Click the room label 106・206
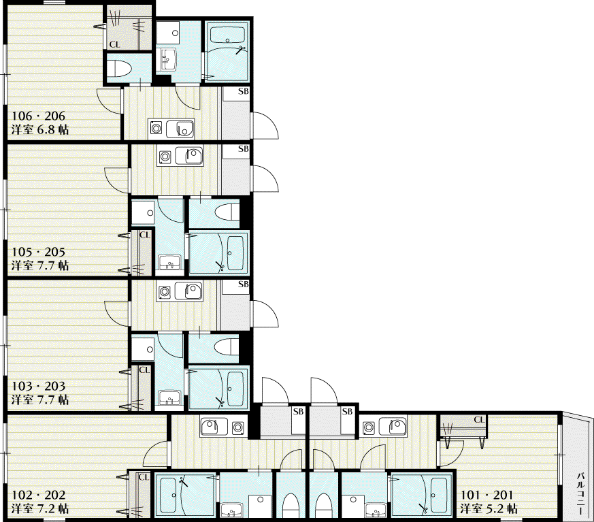(x=38, y=116)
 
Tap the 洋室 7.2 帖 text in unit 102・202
(x=39, y=508)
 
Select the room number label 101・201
(x=486, y=495)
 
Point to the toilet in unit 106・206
(x=118, y=69)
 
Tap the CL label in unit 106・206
(x=114, y=45)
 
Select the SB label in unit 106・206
(x=243, y=91)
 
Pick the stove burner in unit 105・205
(x=165, y=156)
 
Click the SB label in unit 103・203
(x=243, y=284)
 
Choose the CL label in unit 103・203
(x=144, y=370)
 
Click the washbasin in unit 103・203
(x=169, y=397)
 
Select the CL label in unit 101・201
(x=479, y=420)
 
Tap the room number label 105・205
(x=38, y=252)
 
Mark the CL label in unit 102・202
(x=144, y=477)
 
